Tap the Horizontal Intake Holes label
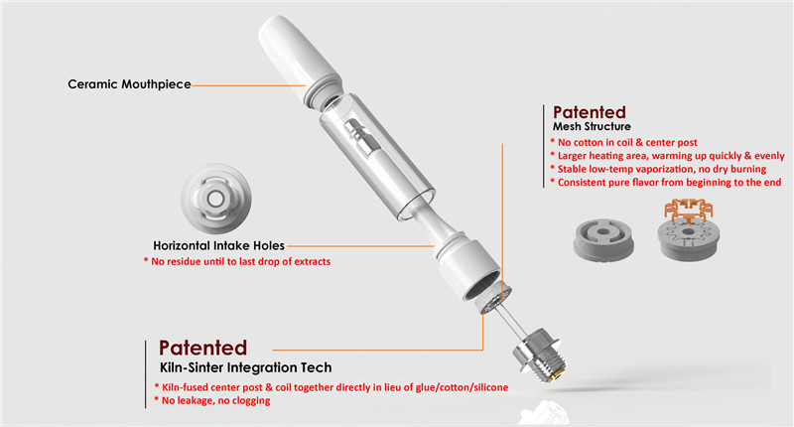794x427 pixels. coord(218,244)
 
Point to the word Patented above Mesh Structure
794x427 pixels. coord(590,111)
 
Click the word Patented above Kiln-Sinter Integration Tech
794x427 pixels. coord(203,349)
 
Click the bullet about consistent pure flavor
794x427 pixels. coord(667,183)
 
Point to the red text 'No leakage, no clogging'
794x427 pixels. coord(214,400)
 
